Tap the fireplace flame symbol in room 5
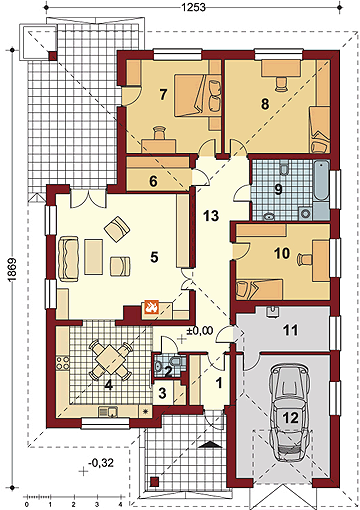pos(151,307)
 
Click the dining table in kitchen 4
pos(110,360)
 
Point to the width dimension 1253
pos(193,7)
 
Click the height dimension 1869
pos(12,270)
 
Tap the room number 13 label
pos(211,216)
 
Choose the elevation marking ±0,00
pos(199,330)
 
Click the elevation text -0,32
pos(101,463)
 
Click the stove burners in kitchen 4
pos(63,364)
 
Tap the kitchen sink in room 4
pos(108,412)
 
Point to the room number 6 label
pos(153,182)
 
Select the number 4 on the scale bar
pos(120,504)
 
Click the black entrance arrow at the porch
pos(210,444)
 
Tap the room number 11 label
pos(290,330)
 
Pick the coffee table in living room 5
pos(93,257)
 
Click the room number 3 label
pos(162,393)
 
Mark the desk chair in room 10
pos(305,259)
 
